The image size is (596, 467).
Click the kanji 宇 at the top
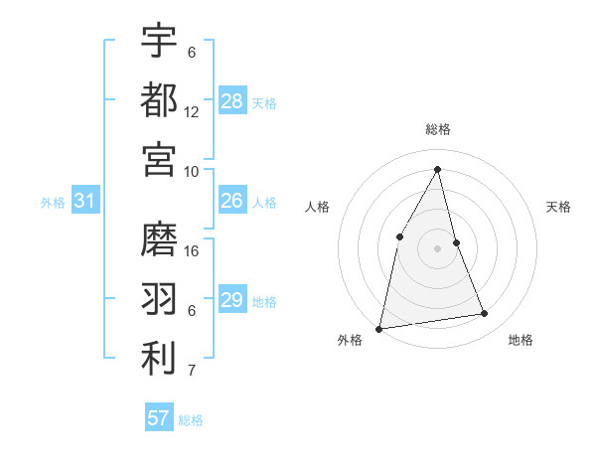click(x=159, y=41)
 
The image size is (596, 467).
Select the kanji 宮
click(x=159, y=159)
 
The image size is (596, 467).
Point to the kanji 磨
click(x=159, y=239)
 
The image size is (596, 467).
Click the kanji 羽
click(x=159, y=298)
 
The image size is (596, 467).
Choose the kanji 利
click(x=159, y=359)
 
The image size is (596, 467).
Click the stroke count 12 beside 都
click(x=192, y=112)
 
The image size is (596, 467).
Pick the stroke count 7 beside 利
click(x=192, y=372)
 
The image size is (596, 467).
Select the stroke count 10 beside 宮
click(x=192, y=172)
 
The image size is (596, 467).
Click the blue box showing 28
click(x=232, y=101)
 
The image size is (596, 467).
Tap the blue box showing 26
click(x=232, y=202)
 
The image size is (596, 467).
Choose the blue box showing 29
click(x=232, y=300)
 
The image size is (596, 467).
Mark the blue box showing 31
click(x=85, y=202)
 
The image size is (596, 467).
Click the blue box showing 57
click(x=159, y=418)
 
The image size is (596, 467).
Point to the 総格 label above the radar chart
click(x=437, y=129)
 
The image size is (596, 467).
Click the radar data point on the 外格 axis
click(x=379, y=328)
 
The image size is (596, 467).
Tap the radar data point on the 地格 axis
click(x=485, y=314)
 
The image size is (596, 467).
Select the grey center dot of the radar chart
click(x=437, y=248)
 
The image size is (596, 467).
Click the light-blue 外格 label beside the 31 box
click(x=53, y=203)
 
